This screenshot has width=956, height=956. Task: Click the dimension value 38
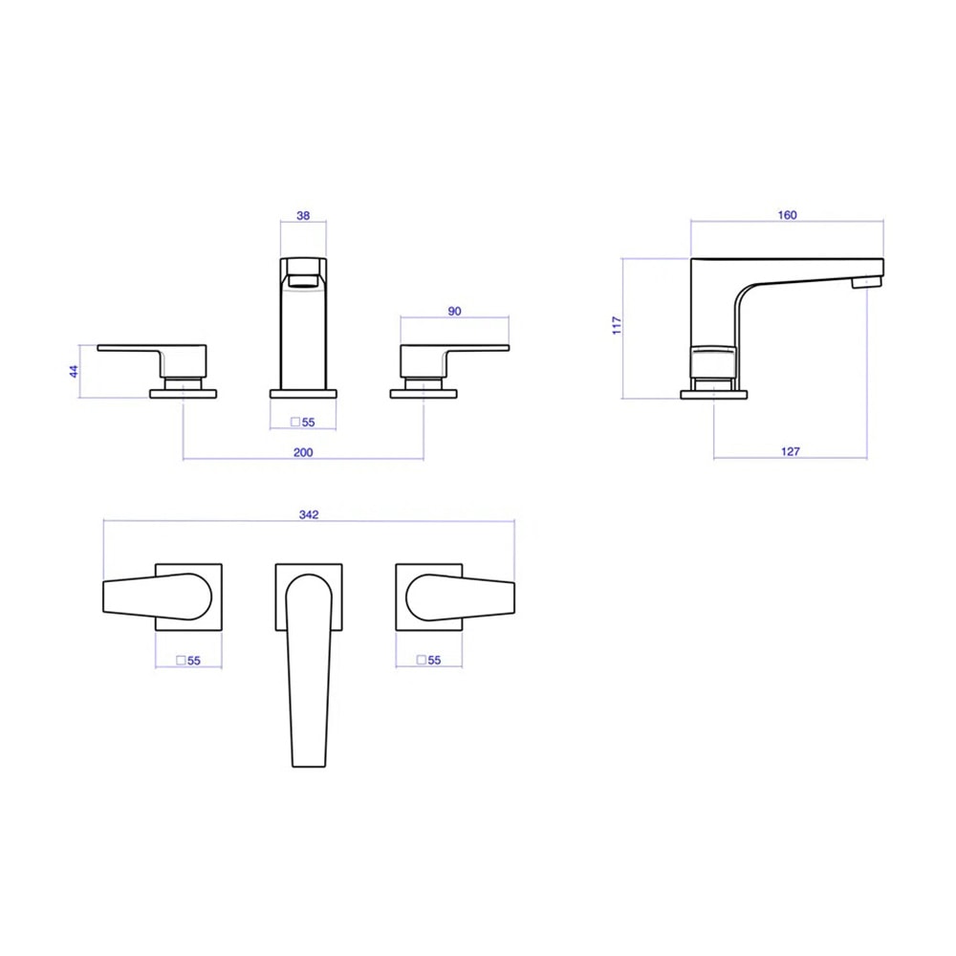(303, 215)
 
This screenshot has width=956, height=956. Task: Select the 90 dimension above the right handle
(454, 311)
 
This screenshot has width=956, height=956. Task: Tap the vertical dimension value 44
(74, 371)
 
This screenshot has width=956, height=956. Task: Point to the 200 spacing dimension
(303, 452)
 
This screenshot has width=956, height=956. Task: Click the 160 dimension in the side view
(787, 214)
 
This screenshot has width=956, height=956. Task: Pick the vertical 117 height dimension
(617, 325)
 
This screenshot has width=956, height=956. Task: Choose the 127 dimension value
(791, 451)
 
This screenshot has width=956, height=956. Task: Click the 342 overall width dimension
(309, 514)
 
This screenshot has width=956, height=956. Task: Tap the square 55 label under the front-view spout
(303, 422)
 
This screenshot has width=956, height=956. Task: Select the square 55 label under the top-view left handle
(188, 661)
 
